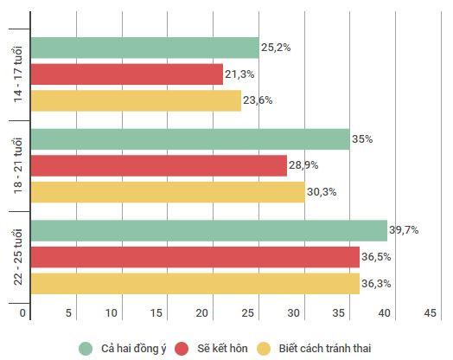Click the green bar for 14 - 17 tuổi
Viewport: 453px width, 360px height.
tap(144, 48)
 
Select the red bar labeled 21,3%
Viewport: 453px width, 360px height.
tap(126, 74)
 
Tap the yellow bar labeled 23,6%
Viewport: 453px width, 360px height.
tap(136, 100)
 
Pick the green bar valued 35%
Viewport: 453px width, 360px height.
tap(190, 139)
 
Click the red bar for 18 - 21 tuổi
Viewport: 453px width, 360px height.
tap(158, 165)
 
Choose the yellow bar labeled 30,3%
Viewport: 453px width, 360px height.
tap(168, 192)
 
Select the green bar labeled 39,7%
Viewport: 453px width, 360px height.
tap(208, 230)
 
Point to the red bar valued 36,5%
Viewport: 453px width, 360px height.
tap(195, 257)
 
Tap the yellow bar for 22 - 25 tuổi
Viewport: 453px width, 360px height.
tap(195, 283)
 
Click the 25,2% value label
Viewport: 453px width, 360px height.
tap(277, 48)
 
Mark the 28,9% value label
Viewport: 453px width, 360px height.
tap(304, 164)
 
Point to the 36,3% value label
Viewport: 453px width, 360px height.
tap(377, 283)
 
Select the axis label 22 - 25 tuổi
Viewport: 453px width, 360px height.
tap(18, 257)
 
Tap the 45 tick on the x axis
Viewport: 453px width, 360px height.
tap(429, 313)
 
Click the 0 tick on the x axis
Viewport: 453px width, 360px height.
tap(23, 313)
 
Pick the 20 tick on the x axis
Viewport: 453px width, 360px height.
tap(203, 313)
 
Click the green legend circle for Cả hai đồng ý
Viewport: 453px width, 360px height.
tap(85, 348)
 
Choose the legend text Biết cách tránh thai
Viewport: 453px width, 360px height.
tap(324, 348)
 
